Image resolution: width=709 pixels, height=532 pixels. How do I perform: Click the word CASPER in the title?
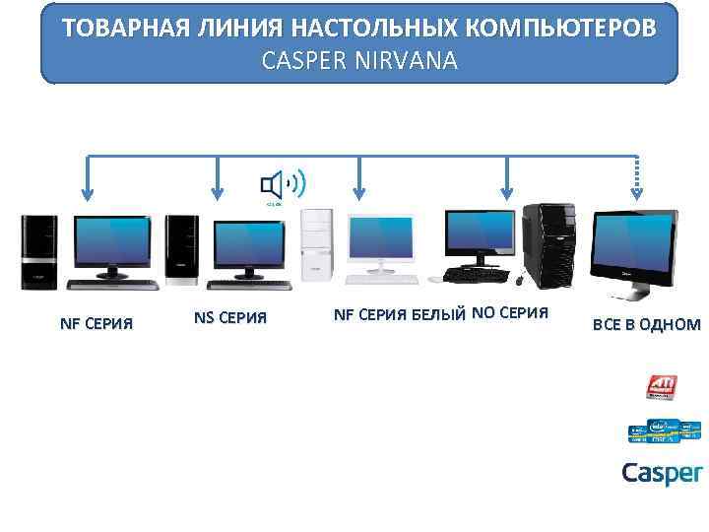(x=301, y=61)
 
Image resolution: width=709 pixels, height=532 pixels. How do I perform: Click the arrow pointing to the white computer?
(x=359, y=179)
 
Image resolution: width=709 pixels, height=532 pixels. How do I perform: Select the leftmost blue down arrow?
(x=88, y=179)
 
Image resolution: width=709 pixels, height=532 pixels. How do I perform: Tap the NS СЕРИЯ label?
(x=230, y=319)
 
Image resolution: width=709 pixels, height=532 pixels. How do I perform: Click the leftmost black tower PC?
(x=40, y=251)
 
